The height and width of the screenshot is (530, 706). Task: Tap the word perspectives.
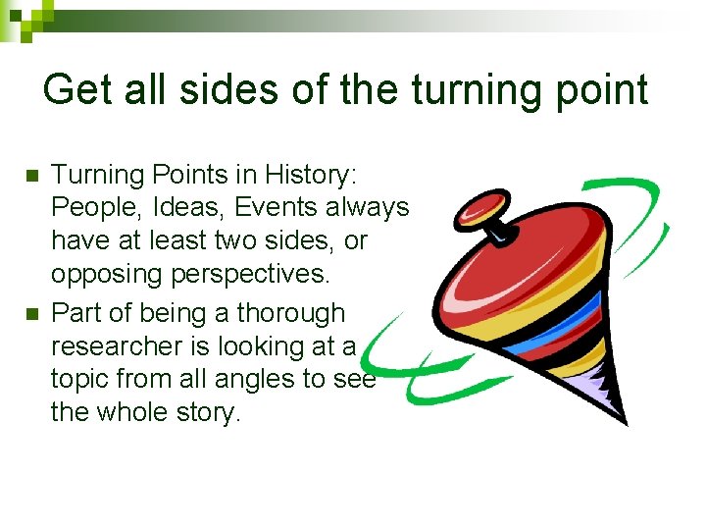click(243, 274)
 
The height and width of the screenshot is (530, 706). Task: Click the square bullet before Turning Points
click(29, 176)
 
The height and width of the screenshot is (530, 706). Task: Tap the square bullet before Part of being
click(29, 314)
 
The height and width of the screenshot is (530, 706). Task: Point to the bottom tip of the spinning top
click(624, 423)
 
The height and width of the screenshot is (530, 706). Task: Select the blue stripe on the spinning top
click(579, 315)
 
